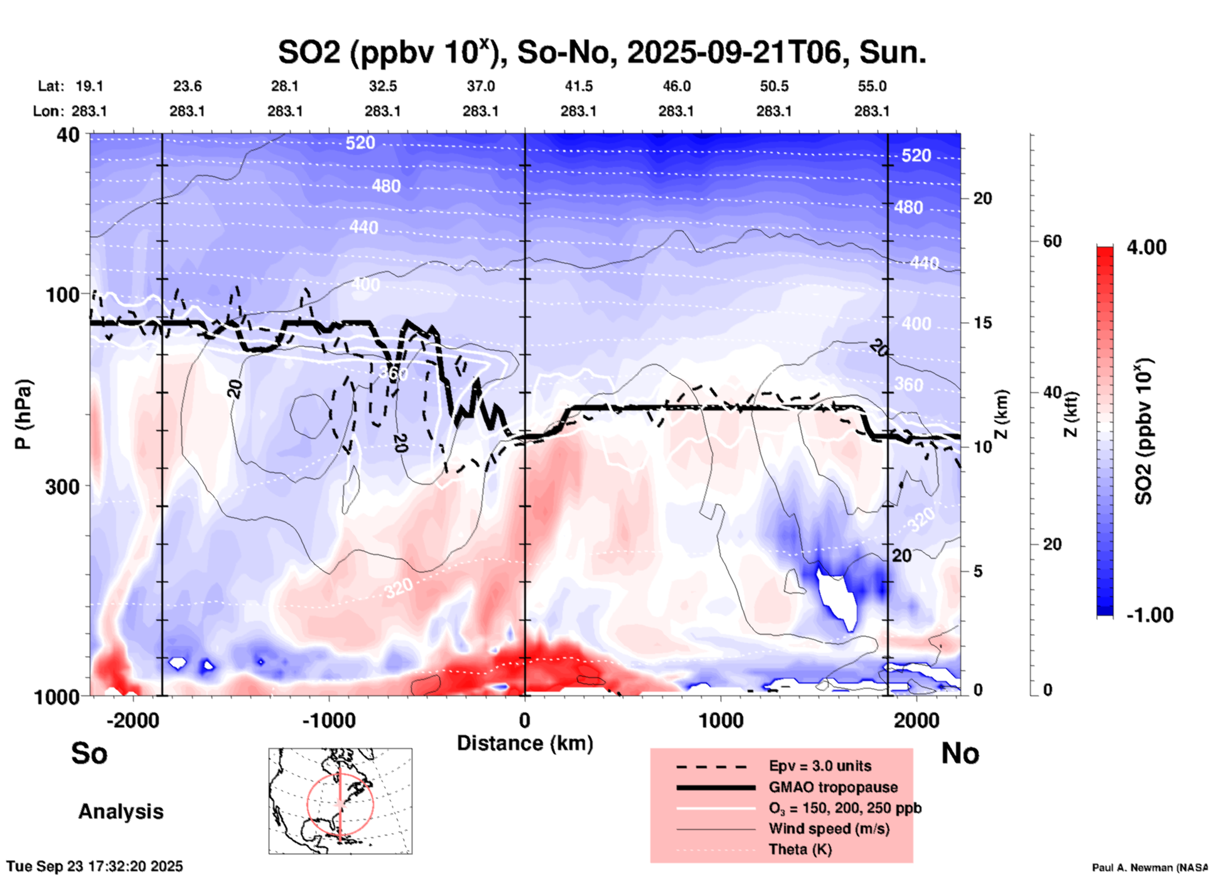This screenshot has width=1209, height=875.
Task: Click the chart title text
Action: coord(602,52)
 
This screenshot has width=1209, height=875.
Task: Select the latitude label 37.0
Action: coord(480,86)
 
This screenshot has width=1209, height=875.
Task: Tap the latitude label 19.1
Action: coord(89,86)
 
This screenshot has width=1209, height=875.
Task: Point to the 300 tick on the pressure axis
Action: coord(63,486)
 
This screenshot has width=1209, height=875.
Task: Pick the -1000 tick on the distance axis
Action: coord(328,720)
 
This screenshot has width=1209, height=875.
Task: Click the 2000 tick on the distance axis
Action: coord(916,720)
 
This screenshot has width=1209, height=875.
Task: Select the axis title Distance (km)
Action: coord(525,743)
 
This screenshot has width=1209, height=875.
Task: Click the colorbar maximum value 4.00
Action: coord(1146,247)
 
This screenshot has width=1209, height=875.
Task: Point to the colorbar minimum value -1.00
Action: coord(1149,615)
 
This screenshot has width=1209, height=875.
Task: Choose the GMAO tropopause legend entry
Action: coord(833,787)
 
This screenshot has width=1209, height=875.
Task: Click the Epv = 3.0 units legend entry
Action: coord(820,766)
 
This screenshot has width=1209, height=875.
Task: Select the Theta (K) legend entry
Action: coord(800,849)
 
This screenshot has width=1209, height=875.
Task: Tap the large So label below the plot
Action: coord(89,753)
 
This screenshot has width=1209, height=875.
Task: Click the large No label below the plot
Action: coord(960,753)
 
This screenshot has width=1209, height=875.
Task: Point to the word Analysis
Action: coord(121,812)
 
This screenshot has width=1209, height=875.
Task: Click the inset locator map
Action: coord(340,800)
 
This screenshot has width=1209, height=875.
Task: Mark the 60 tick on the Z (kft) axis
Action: coord(1052,241)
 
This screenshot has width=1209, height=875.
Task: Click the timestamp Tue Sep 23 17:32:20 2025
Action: coord(95,866)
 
